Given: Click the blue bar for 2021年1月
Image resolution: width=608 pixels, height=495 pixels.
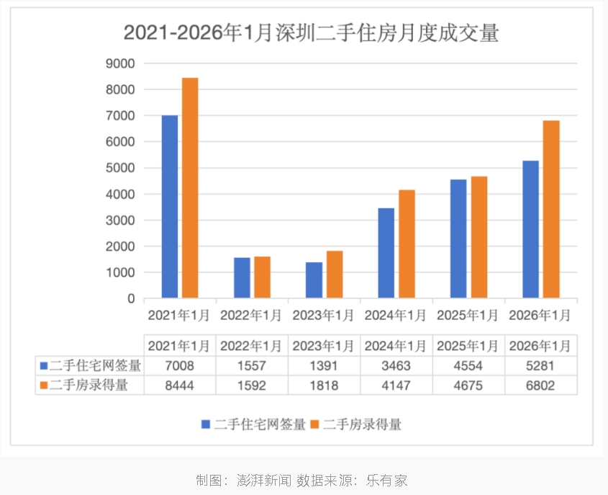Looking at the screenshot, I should tap(170, 207).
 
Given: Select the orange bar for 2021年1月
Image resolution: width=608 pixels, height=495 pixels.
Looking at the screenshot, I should tap(190, 188).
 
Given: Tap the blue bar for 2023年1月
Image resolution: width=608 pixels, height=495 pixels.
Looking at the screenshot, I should tap(314, 280).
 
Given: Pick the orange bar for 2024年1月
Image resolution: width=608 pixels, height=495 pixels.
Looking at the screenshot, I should tap(407, 244).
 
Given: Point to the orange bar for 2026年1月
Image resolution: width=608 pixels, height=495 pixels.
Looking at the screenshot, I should tap(551, 210).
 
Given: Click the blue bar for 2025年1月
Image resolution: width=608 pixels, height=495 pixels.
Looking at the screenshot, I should tap(458, 238).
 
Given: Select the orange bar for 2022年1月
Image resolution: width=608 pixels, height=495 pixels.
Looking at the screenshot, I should tap(262, 277).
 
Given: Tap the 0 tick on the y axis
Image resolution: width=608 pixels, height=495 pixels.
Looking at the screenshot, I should tap(131, 298).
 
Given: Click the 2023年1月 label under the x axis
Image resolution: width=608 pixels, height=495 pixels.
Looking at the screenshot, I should tap(323, 316).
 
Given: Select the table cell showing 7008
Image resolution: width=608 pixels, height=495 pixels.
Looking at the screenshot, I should tap(180, 366).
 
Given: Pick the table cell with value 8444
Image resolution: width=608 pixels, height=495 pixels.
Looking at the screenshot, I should tap(180, 385).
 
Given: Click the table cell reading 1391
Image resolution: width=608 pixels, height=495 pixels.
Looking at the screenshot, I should tap(323, 366).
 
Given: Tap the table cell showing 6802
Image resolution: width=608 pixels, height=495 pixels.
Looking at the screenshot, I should tap(540, 385).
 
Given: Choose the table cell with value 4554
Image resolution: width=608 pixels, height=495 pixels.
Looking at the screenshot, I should tap(468, 366).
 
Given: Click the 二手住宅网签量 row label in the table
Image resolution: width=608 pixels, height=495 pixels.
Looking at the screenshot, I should tap(90, 366).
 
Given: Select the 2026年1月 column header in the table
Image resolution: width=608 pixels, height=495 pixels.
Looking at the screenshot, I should tap(540, 346).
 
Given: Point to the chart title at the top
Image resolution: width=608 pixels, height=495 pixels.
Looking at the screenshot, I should tap(311, 33).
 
